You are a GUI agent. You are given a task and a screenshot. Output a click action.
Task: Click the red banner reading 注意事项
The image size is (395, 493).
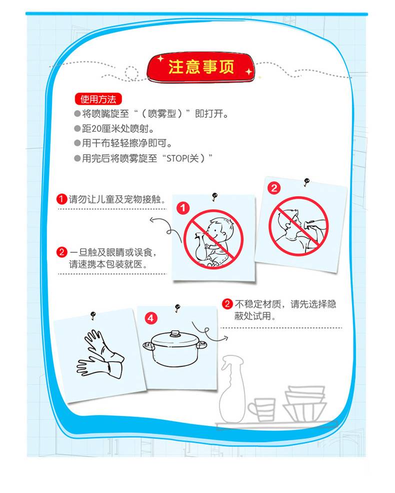click(200, 67)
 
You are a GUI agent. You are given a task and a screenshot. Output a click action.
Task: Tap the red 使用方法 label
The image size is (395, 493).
click(98, 99)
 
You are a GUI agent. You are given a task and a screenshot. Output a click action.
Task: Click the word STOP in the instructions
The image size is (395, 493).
click(176, 158)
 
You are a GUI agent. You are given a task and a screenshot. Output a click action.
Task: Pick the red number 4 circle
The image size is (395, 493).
click(151, 318)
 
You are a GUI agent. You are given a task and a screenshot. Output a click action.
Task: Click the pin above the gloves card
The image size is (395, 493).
click(93, 315)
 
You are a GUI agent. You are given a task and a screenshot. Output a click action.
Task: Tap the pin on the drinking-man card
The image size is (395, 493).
click(306, 182)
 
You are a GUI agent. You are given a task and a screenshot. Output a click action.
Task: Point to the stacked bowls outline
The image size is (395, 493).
click(304, 404)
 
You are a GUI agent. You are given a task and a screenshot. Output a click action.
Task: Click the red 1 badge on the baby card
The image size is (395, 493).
click(183, 208)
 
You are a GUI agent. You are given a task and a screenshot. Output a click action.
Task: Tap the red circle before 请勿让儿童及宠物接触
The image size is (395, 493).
click(61, 199)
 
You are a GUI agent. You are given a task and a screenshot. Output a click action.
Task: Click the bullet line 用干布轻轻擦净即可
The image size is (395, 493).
click(123, 143)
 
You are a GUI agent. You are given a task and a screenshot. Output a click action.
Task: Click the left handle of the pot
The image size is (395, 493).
click(148, 346)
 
